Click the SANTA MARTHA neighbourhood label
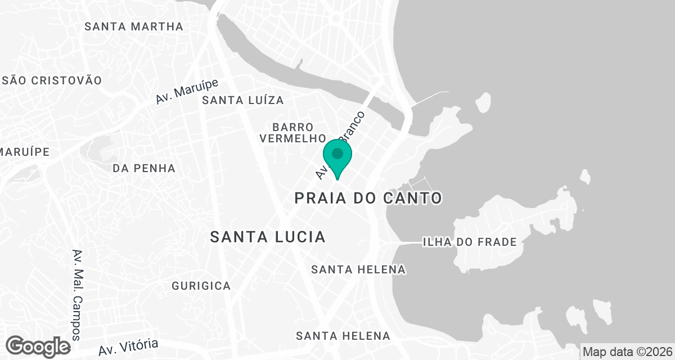point(134,26)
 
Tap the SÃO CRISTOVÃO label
point(52,80)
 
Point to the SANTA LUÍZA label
point(243,101)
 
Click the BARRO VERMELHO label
point(292,132)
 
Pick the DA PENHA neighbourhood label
point(144,168)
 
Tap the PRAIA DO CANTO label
point(368,198)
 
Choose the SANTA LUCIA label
point(268,237)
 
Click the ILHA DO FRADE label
point(470,242)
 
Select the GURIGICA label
point(201,286)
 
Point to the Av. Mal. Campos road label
point(78,295)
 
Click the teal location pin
point(337,155)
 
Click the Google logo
point(39,346)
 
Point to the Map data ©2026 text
point(627,352)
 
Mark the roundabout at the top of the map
point(336,19)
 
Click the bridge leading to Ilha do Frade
point(402,243)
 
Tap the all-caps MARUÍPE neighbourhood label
point(25,152)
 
